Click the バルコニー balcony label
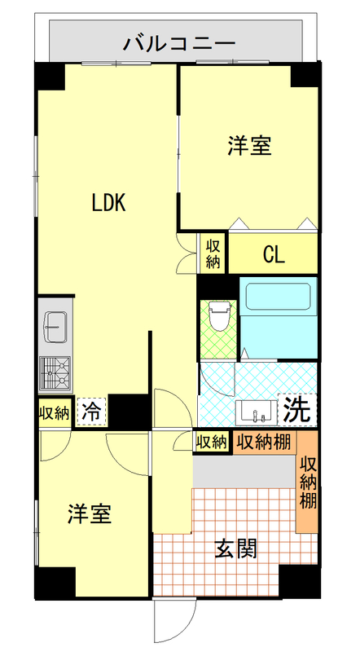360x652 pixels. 179,43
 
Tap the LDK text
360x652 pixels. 108,203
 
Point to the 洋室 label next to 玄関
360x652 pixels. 89,514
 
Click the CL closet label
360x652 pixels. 273,255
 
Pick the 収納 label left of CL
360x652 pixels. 213,253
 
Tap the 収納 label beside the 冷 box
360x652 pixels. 54,412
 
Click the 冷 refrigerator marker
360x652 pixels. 91,412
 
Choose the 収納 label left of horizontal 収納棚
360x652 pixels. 212,442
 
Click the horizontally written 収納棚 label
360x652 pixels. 265,442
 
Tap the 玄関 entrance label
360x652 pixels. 236,549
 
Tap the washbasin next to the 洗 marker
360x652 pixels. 257,412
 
